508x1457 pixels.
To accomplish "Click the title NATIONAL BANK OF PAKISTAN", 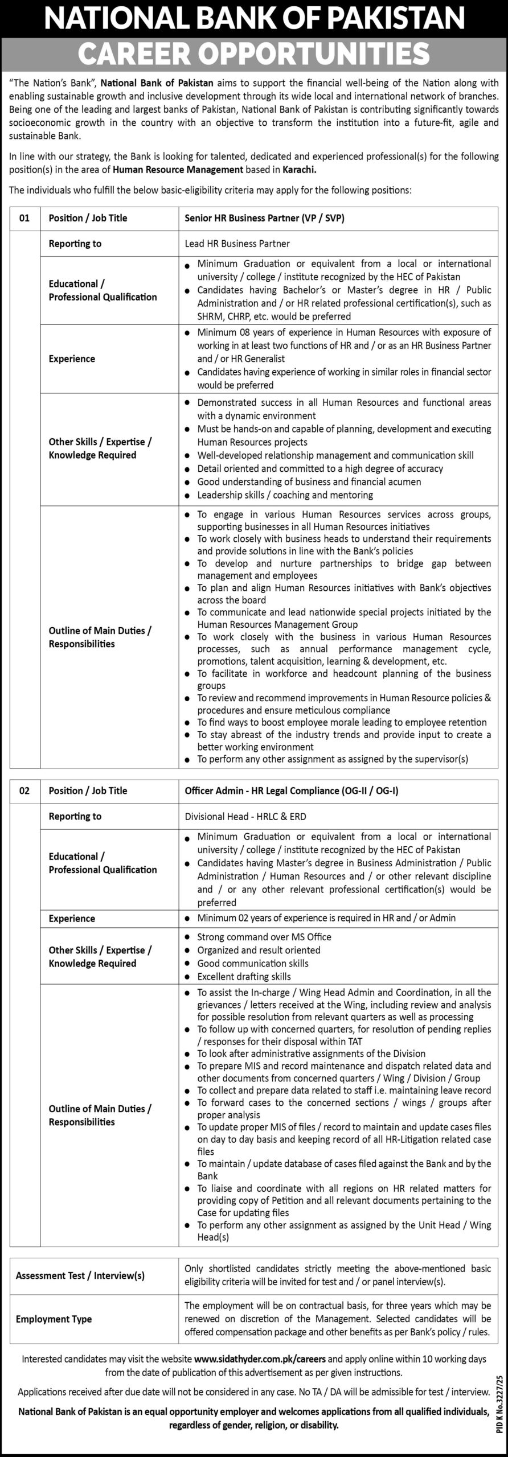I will pos(253,18).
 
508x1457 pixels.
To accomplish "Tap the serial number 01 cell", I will pos(24,218).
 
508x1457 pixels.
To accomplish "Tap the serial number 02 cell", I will pos(24,791).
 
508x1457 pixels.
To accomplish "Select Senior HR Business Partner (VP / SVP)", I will pos(265,218).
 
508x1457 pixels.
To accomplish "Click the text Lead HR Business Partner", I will pos(237,244).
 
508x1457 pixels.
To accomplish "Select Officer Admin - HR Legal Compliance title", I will pos(296,791).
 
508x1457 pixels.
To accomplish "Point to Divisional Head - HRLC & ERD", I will pos(245,816).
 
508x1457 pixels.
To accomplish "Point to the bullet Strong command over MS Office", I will pos(264,937).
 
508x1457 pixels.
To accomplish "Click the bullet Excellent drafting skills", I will pos(244,976).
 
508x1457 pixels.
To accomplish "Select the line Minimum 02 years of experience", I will pos(326,917).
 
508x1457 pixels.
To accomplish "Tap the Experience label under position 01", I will pos(72,359).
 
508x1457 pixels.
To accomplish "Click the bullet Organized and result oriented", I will pos(259,950).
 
